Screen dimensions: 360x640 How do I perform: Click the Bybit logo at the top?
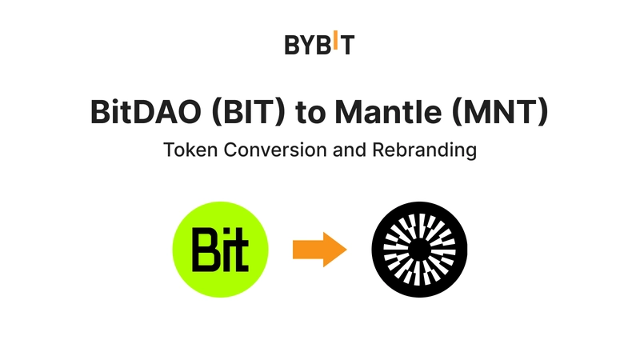point(319,45)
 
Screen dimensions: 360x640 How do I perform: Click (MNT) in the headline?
point(500,113)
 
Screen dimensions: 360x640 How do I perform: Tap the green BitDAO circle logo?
point(222,250)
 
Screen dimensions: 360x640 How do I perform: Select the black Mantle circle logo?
point(419,250)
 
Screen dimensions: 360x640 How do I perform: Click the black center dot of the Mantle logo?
point(419,250)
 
